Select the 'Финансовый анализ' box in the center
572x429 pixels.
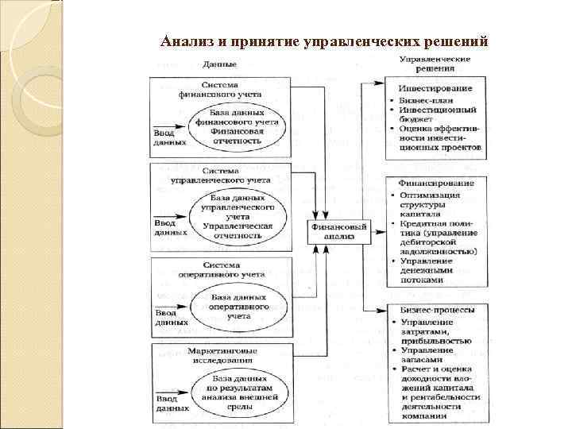click(339, 231)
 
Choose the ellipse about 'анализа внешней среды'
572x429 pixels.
click(238, 395)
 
